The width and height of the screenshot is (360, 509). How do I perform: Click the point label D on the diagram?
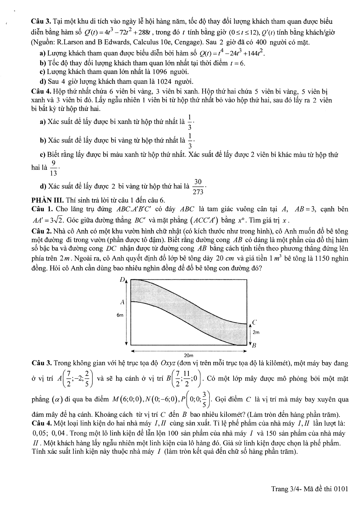tap(122, 280)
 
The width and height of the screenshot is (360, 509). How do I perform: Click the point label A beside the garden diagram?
tap(122, 302)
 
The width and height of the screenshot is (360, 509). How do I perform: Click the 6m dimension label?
tap(120, 315)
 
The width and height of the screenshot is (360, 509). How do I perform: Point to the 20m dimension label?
tap(188, 355)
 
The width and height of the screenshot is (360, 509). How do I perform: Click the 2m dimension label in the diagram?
tap(256, 332)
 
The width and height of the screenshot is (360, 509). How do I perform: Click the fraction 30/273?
tap(198, 187)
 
